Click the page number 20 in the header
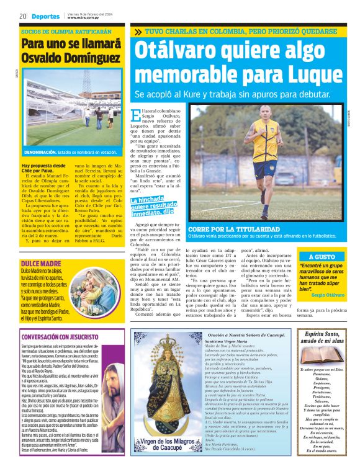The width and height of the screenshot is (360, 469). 22,16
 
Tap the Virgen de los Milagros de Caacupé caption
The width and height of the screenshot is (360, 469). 164,444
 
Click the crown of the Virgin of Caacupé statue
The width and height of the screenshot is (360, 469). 163,342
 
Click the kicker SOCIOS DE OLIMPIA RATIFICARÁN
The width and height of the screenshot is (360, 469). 66,30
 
